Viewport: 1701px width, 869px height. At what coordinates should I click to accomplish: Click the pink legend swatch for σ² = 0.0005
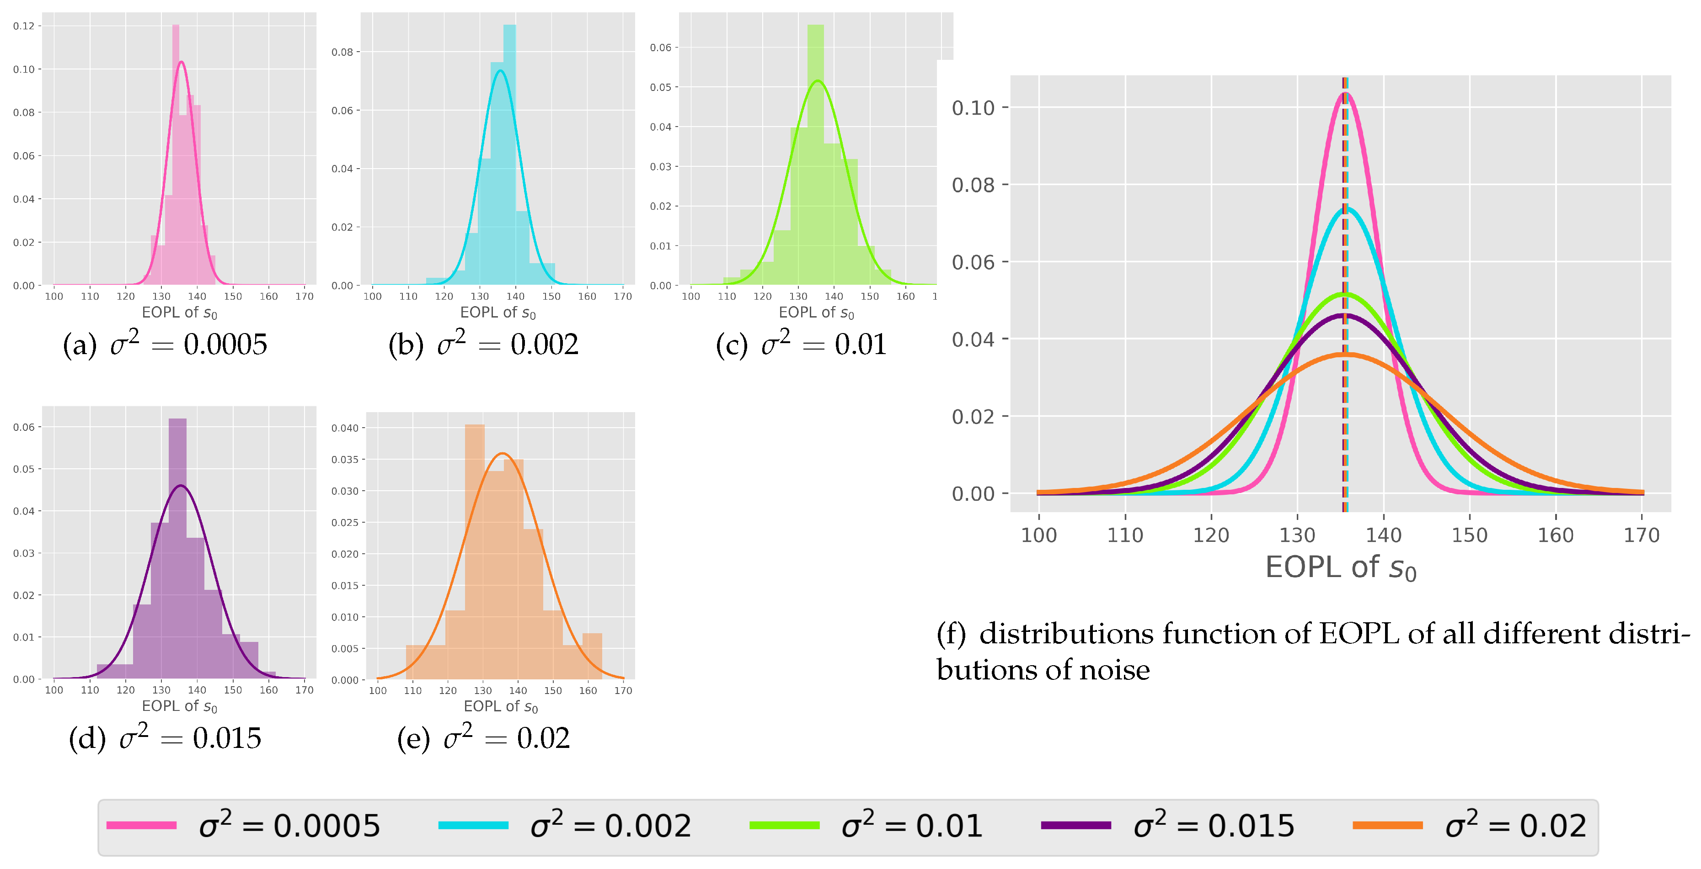(141, 825)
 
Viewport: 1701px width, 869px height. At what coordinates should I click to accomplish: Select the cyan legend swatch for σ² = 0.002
(473, 825)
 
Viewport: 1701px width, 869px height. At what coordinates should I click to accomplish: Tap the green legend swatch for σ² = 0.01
(785, 825)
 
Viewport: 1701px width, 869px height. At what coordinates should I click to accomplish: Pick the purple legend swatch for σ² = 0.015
(1075, 825)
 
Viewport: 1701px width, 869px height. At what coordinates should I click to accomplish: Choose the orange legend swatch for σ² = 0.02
(1387, 825)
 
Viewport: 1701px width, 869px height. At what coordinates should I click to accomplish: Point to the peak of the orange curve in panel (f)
(1345, 355)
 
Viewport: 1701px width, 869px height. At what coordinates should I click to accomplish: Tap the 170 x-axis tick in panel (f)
(1642, 535)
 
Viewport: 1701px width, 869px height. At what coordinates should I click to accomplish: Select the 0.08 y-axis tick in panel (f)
(973, 185)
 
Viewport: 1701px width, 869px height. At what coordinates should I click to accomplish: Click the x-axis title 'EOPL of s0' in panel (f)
(1341, 568)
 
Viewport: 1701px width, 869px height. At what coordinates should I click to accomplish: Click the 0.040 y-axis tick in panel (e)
(345, 428)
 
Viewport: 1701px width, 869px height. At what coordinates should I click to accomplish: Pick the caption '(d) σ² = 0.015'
(165, 738)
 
